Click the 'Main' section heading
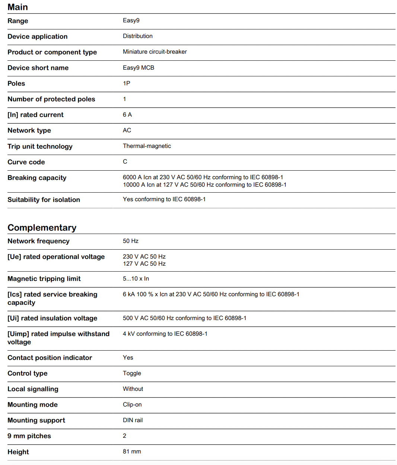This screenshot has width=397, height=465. click(18, 7)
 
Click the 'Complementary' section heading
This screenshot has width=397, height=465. click(42, 228)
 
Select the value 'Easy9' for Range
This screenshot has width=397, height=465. click(131, 20)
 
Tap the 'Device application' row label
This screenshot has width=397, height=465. click(37, 37)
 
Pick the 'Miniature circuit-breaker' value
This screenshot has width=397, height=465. click(155, 52)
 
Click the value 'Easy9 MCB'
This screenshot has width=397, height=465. click(138, 68)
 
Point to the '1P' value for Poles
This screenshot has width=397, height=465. click(127, 83)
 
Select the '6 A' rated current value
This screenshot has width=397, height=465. click(127, 115)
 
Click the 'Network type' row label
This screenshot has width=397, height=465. click(29, 130)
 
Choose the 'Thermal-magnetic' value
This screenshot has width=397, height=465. click(147, 146)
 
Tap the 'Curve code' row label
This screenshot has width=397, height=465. click(26, 162)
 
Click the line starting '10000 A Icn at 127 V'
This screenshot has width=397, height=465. click(204, 185)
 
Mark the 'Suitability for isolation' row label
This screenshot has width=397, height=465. click(44, 200)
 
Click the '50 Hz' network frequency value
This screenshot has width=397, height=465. click(130, 241)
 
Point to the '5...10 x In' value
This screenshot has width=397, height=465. click(136, 279)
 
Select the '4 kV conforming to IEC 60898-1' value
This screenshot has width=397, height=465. click(165, 334)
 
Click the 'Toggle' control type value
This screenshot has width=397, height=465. click(132, 373)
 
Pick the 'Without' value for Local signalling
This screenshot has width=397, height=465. click(133, 389)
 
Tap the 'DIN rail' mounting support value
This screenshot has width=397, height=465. click(133, 420)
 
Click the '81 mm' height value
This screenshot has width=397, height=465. click(132, 452)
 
